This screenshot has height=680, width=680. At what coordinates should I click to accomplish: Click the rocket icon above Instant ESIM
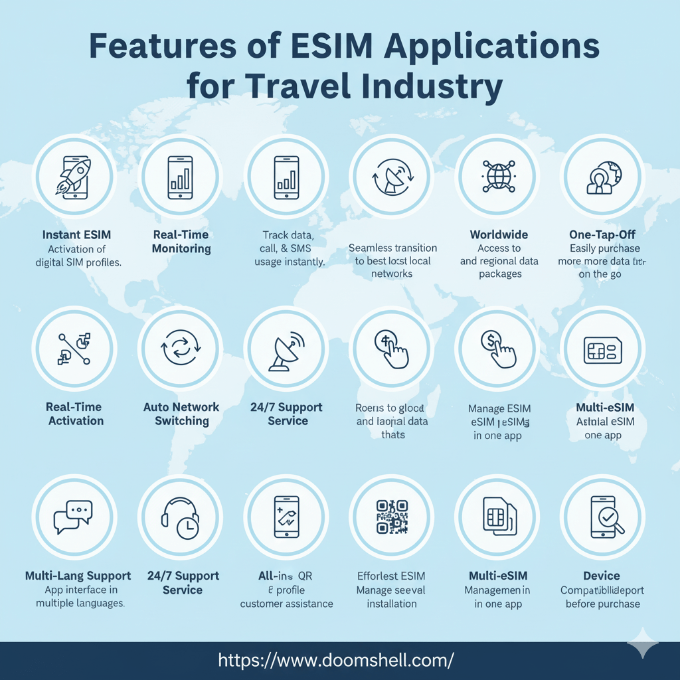tap(74, 176)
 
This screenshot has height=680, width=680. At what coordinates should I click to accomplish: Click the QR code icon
tap(391, 517)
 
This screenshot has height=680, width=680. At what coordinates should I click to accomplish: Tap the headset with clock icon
tap(180, 517)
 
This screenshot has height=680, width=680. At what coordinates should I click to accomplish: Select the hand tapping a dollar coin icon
tap(497, 348)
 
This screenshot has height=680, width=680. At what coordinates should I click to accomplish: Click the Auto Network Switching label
tap(181, 414)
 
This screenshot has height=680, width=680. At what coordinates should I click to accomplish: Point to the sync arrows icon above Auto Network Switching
tap(180, 348)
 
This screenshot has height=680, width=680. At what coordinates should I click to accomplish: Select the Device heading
tap(602, 576)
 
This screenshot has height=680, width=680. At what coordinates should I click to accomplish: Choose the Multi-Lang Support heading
tap(78, 576)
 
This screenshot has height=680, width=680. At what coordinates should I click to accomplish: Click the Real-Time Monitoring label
tap(181, 242)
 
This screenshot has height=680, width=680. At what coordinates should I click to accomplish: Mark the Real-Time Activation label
tap(75, 414)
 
